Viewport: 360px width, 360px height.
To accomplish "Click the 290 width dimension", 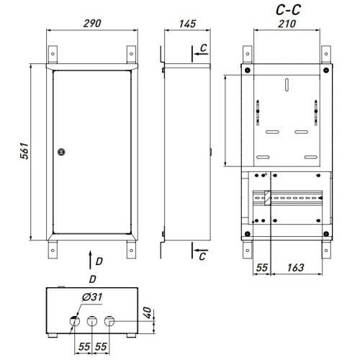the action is (92, 24).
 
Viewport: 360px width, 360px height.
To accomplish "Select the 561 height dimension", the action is (24, 151).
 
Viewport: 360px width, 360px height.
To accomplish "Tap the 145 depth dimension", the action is (187, 24).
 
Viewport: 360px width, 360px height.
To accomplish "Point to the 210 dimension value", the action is (287, 24).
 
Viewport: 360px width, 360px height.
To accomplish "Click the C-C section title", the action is (288, 10).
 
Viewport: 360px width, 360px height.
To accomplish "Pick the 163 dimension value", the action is (296, 268).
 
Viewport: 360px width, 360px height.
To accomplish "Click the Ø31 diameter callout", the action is (92, 297).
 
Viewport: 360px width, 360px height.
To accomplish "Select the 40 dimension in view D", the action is (148, 312).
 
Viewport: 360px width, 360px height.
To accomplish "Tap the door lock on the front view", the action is (61, 152).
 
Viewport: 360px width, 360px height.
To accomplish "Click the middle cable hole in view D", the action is (92, 321).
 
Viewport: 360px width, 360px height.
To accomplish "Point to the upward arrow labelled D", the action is (90, 260).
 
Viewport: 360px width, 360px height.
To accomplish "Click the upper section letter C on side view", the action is (203, 48).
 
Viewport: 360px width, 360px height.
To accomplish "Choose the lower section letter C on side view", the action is (202, 256).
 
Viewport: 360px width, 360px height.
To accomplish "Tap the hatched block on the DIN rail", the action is (267, 198).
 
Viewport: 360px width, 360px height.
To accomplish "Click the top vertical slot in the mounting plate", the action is (287, 85).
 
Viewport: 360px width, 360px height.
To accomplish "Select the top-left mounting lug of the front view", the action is (53, 55).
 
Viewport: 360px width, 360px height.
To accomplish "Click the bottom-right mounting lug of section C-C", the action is (326, 249).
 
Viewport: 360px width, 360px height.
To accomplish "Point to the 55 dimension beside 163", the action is (261, 268).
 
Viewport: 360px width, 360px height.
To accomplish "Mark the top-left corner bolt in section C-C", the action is (248, 71).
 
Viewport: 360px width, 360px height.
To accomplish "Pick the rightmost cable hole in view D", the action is (109, 321).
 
